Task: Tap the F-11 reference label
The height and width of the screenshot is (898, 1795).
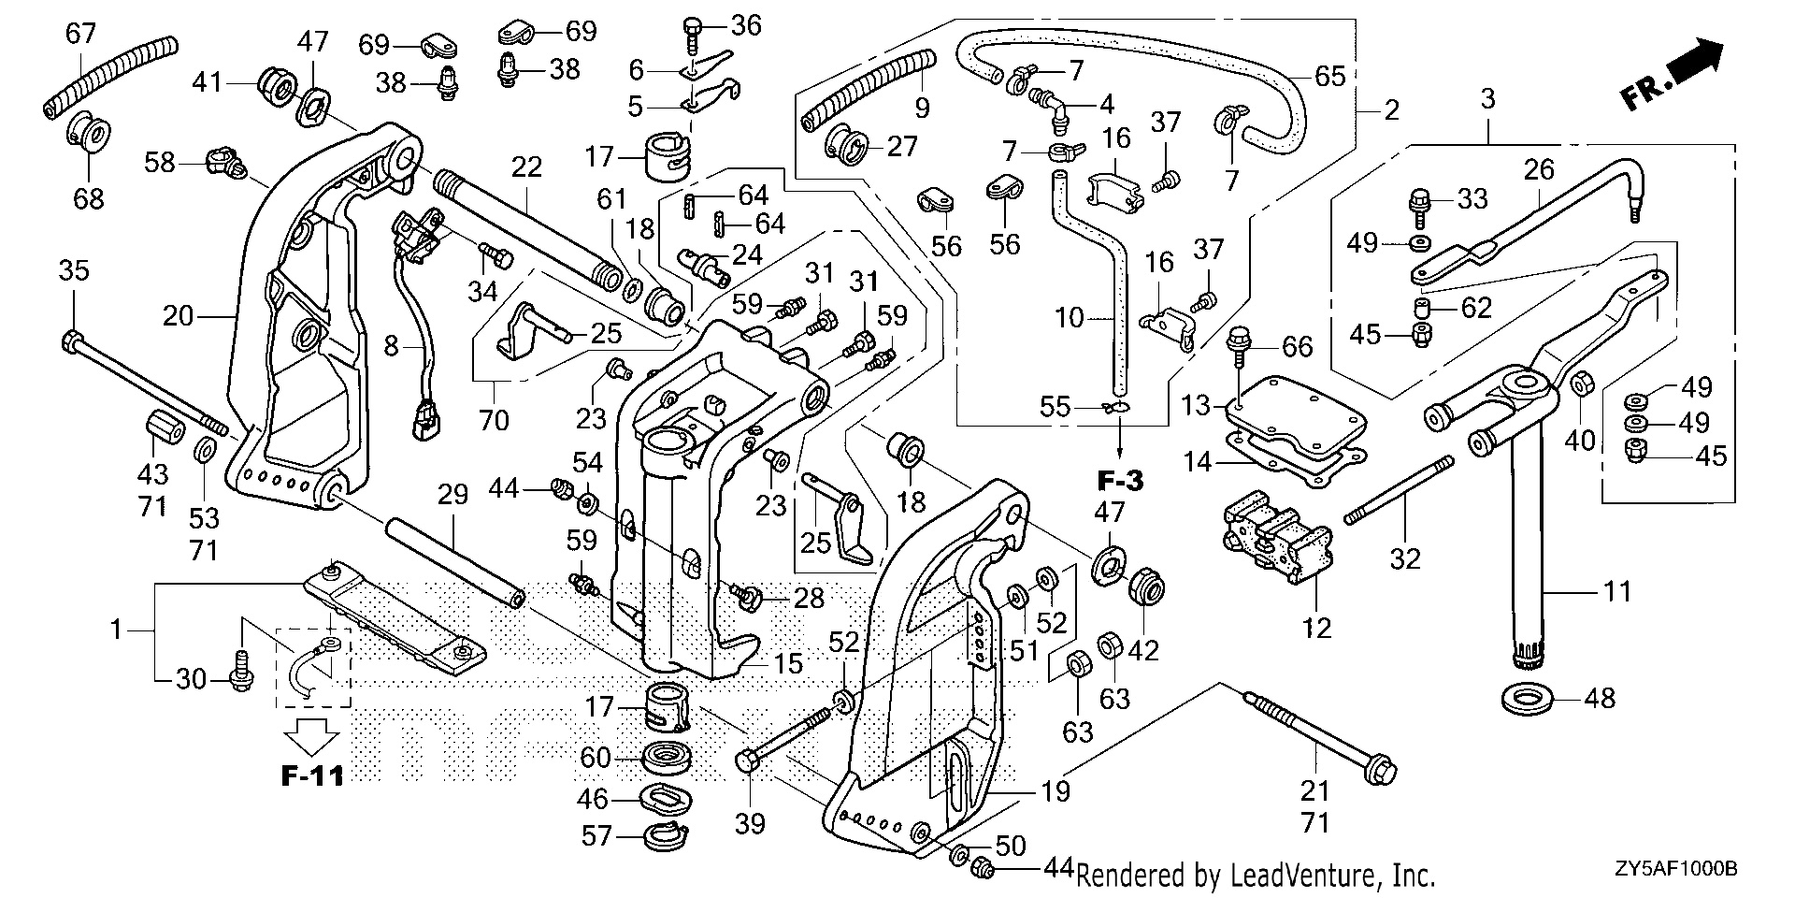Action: point(311,775)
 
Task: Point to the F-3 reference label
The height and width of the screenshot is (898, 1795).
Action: point(1120,483)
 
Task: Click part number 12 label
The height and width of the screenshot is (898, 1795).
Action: point(1316,627)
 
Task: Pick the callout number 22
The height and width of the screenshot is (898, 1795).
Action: point(527,167)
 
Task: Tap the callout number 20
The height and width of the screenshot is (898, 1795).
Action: point(178,316)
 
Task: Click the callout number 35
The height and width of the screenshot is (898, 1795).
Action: point(74,271)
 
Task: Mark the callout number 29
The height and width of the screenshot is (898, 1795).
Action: point(453,495)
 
